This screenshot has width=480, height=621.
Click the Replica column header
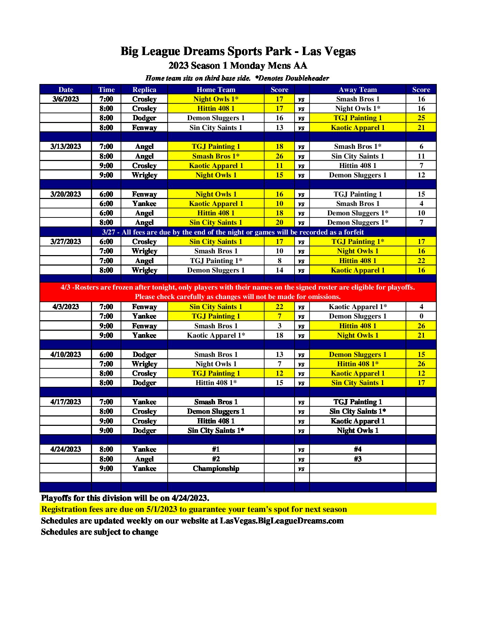(144, 90)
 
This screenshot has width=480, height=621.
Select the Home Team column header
(216, 90)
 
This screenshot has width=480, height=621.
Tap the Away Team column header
(358, 90)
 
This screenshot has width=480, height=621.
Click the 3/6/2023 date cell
(66, 99)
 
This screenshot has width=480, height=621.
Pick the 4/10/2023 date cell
(66, 354)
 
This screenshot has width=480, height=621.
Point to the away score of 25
(421, 118)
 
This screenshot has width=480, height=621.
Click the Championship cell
(216, 468)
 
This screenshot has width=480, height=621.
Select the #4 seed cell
(358, 449)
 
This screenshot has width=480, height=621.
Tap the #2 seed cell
(216, 459)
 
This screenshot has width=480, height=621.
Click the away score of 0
(421, 316)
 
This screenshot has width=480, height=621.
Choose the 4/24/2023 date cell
(66, 449)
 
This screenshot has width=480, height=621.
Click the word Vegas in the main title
(339, 52)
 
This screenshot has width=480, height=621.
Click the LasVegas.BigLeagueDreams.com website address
(282, 521)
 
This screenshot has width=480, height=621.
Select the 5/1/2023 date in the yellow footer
(162, 509)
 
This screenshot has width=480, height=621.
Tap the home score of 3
(279, 326)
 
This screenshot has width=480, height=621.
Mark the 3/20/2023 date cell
(66, 194)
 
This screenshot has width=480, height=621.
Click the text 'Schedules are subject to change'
(100, 532)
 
